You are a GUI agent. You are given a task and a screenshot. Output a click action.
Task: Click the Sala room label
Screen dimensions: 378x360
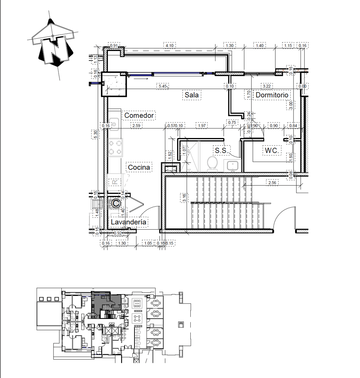pyautogui.click(x=192, y=95)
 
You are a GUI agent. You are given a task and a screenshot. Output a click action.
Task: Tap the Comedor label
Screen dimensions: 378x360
pyautogui.click(x=139, y=116)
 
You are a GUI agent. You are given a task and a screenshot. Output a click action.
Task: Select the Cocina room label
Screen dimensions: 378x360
pyautogui.click(x=139, y=168)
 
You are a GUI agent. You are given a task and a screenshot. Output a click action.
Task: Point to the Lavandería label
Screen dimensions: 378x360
pyautogui.click(x=129, y=222)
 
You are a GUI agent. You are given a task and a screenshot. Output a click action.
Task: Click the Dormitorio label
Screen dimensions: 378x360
pyautogui.click(x=272, y=95)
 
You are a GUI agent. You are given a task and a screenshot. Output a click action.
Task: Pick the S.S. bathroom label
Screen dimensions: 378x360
pyautogui.click(x=222, y=151)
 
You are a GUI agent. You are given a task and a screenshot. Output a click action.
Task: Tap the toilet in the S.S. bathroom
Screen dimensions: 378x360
pyautogui.click(x=213, y=164)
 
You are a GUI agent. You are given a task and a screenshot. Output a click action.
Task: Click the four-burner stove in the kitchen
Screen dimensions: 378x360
pyautogui.click(x=115, y=147)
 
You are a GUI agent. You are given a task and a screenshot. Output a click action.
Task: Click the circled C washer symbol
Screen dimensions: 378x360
pyautogui.click(x=115, y=203)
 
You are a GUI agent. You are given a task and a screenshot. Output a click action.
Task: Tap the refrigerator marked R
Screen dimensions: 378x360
pyautogui.click(x=115, y=182)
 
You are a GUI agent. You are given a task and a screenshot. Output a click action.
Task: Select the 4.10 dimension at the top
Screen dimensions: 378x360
pyautogui.click(x=170, y=45)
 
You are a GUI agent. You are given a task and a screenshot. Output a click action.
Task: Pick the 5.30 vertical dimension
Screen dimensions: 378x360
pyautogui.click(x=95, y=134)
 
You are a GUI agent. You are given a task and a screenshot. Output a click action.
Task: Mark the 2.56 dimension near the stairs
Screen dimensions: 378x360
pyautogui.click(x=273, y=183)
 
